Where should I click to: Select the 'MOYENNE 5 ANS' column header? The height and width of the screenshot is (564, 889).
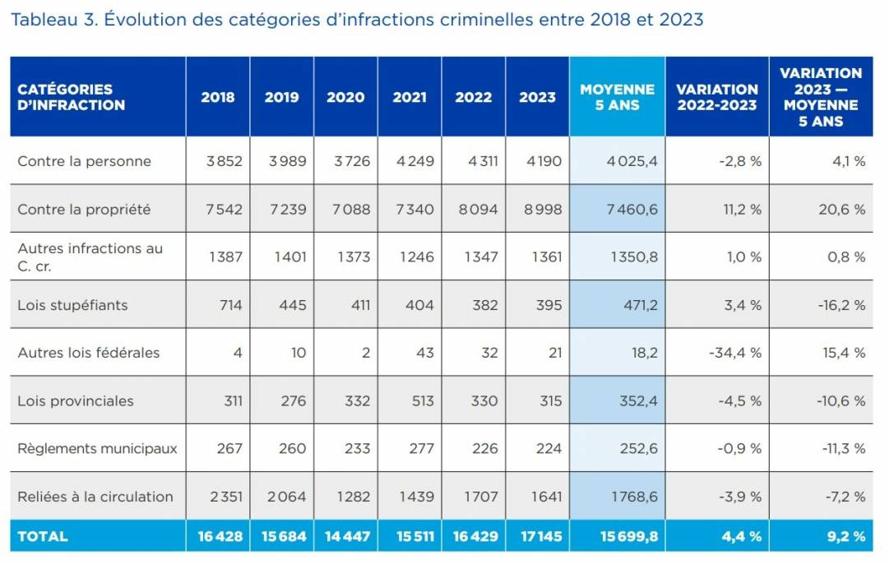pos(617,97)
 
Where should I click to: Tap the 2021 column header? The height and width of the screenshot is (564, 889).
pos(410,97)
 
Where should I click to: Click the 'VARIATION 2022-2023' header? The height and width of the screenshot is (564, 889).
pos(716,97)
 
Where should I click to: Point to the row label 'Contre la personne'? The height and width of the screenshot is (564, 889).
pos(84,161)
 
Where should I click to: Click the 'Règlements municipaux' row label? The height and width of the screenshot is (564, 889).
pos(97,449)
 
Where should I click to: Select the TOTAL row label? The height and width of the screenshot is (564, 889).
pos(43,536)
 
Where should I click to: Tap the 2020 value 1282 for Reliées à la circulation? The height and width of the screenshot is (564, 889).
pos(350,497)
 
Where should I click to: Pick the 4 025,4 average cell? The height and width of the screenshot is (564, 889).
pos(632,161)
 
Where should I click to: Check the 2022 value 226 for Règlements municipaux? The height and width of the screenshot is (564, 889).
pos(484,449)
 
